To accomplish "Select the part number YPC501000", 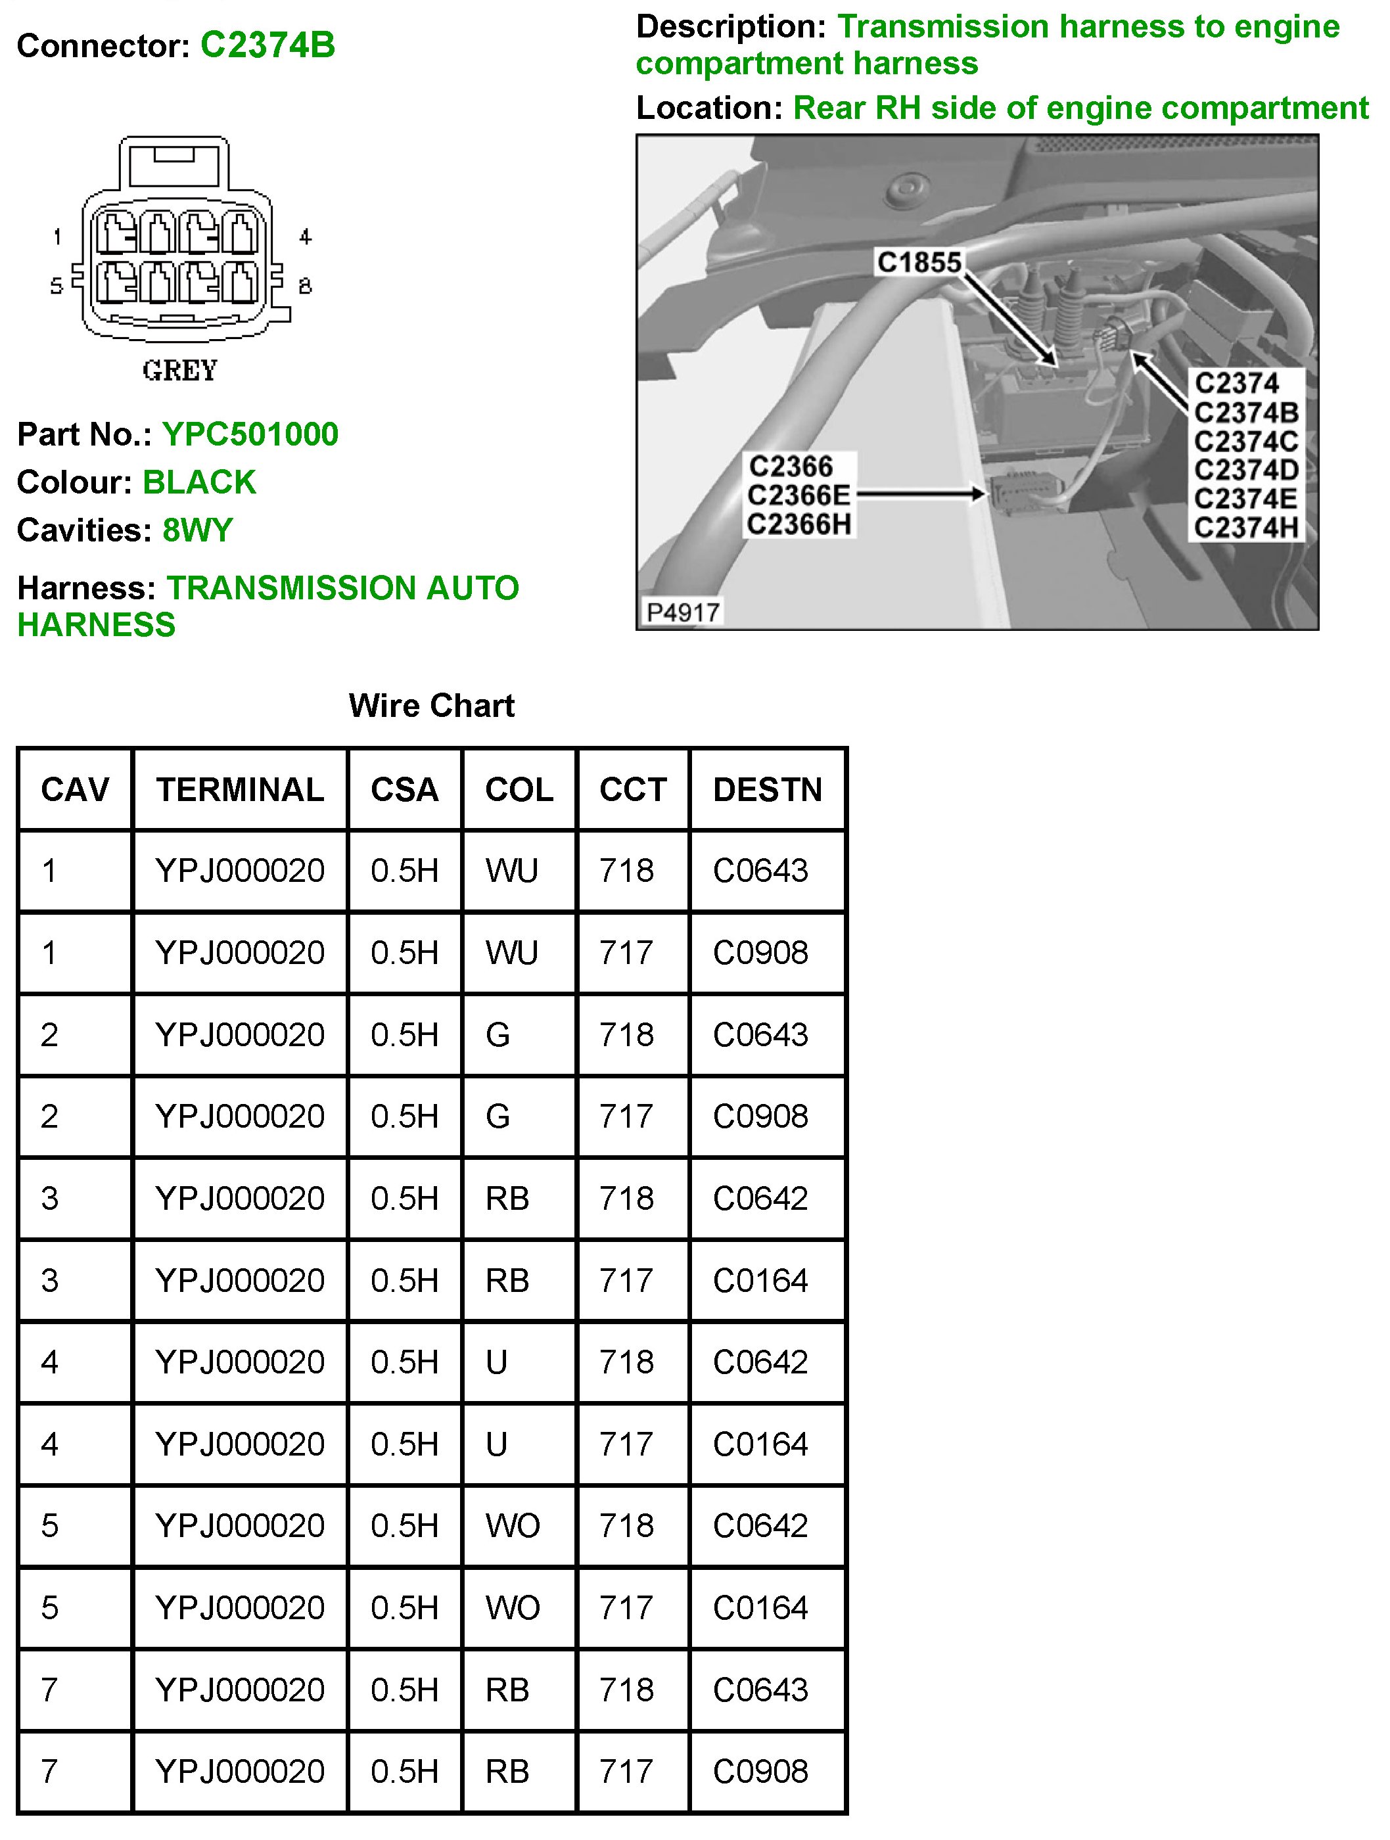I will pos(250,434).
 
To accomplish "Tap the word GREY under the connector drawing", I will pos(179,370).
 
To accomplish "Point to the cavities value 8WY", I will pos(198,530).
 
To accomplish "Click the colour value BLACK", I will pos(200,482).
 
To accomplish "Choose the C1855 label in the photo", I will pos(919,263).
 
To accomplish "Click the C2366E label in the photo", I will pos(799,495).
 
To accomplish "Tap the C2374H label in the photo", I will pos(1245,528).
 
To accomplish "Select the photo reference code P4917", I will pos(683,612).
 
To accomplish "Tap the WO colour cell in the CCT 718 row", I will pos(513,1527).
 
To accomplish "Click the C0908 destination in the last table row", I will pos(760,1772).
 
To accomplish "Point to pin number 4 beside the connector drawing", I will pos(306,237).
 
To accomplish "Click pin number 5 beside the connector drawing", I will pos(57,286).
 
